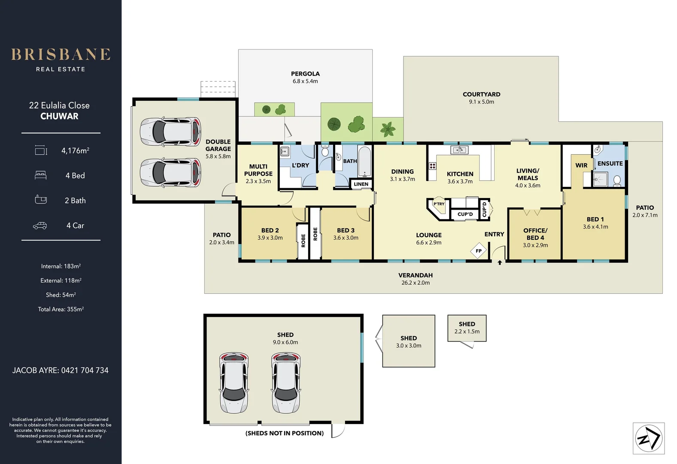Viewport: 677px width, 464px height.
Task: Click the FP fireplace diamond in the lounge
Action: pos(478,251)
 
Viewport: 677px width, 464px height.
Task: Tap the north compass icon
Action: pos(649,438)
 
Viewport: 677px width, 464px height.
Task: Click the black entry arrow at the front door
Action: pos(500,263)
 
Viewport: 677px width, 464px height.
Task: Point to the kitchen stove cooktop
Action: pos(432,166)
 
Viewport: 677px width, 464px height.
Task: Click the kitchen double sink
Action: pos(459,150)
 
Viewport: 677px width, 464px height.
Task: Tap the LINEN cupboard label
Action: pos(361,184)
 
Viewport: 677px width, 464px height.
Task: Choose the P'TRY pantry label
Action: pos(439,204)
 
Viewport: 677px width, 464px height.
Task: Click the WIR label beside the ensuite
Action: pos(581,165)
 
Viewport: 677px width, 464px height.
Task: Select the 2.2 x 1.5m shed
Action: pos(467,328)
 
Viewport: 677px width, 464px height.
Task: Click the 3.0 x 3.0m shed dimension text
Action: pos(409,345)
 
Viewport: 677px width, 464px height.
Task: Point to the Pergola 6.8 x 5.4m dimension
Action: pos(305,81)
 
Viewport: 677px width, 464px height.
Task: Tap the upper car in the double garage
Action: pos(170,132)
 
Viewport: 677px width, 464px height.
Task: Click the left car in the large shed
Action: pos(234,382)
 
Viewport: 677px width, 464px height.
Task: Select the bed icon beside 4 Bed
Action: pos(40,175)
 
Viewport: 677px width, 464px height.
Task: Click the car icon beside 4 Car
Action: pos(40,226)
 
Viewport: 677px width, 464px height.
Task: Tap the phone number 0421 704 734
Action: pos(85,370)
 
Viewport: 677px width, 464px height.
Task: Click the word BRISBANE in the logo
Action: pos(61,55)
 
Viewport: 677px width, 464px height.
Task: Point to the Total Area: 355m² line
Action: pos(61,309)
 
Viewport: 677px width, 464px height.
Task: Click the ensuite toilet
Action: pos(617,180)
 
